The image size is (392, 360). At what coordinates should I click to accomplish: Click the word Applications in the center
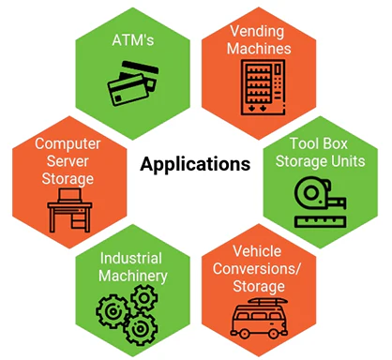[195, 164]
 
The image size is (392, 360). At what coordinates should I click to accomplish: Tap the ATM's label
[133, 40]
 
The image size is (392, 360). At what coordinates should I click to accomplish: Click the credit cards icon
[133, 83]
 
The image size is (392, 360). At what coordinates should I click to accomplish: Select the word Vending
[257, 31]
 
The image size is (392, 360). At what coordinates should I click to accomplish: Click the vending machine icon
[263, 87]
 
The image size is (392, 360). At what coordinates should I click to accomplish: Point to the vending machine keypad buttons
[278, 82]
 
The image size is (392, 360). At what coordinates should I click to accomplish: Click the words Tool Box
[319, 143]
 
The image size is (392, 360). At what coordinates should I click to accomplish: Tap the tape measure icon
[320, 193]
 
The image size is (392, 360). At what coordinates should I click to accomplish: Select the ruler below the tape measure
[320, 221]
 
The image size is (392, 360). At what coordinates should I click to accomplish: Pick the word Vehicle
[257, 251]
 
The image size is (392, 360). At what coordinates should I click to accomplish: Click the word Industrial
[131, 258]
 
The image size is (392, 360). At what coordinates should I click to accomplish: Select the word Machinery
[133, 277]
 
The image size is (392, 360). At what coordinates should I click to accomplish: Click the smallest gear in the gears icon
[144, 298]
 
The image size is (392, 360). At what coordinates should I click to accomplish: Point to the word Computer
[68, 144]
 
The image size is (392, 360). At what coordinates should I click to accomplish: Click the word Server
[68, 161]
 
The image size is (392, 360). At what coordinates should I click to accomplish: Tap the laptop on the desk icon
[70, 196]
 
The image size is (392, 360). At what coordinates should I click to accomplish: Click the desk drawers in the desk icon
[79, 219]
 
